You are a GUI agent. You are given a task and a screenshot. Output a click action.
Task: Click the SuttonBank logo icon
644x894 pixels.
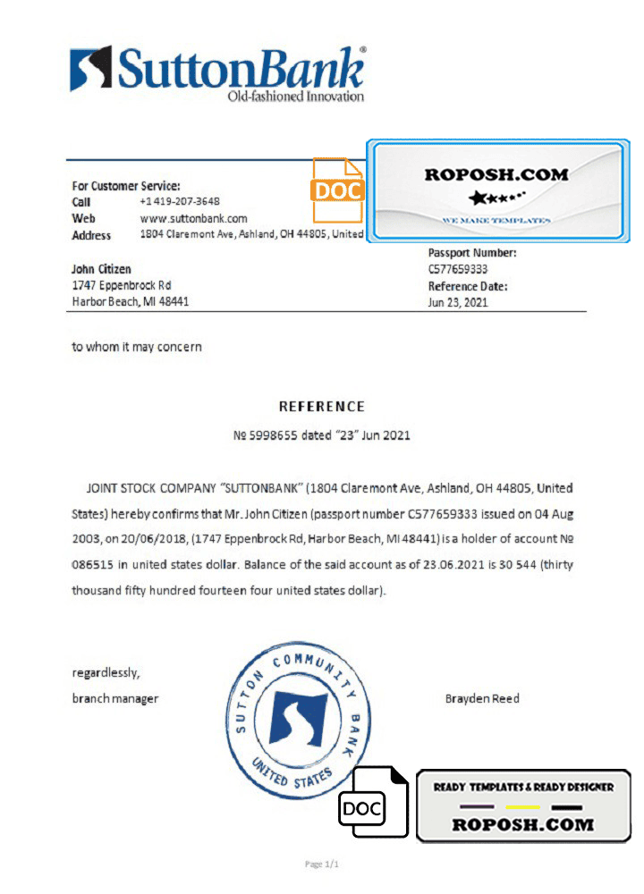91,69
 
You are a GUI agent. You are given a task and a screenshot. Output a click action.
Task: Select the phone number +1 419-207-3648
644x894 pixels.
180,202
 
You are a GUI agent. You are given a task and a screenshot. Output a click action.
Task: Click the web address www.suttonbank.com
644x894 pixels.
193,218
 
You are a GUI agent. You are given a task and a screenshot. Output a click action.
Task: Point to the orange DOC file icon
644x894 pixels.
336,190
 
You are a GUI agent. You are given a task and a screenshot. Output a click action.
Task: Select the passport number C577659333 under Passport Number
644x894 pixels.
458,269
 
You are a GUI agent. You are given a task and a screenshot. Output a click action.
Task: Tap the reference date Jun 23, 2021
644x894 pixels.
458,302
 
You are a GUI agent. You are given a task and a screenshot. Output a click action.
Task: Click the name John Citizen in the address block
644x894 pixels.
101,269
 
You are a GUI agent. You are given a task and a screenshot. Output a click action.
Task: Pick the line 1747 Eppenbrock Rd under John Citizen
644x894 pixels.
121,285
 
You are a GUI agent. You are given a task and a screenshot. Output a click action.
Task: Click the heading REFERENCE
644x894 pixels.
322,406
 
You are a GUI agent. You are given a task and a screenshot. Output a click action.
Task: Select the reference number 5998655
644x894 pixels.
274,435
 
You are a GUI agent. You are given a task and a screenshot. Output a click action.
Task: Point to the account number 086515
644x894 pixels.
93,566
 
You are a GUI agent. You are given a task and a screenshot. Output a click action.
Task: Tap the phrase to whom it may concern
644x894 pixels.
137,347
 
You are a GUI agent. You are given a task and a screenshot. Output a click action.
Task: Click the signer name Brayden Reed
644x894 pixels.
482,698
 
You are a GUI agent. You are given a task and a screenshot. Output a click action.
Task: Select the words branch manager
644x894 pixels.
114,698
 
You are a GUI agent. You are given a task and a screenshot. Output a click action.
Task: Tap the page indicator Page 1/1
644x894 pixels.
322,864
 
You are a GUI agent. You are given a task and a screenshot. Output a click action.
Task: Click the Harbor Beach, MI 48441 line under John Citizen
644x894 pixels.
130,302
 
